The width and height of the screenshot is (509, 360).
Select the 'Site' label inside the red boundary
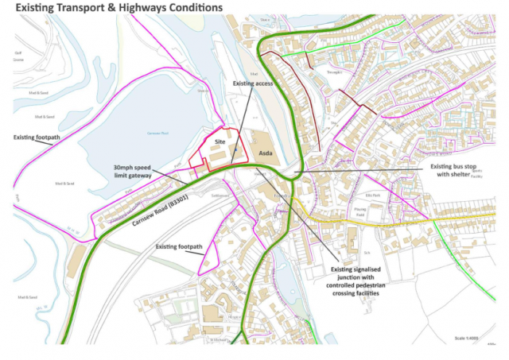click(220, 137)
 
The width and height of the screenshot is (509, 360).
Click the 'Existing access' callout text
click(252, 83)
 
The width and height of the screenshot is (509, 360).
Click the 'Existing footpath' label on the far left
click(37, 137)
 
